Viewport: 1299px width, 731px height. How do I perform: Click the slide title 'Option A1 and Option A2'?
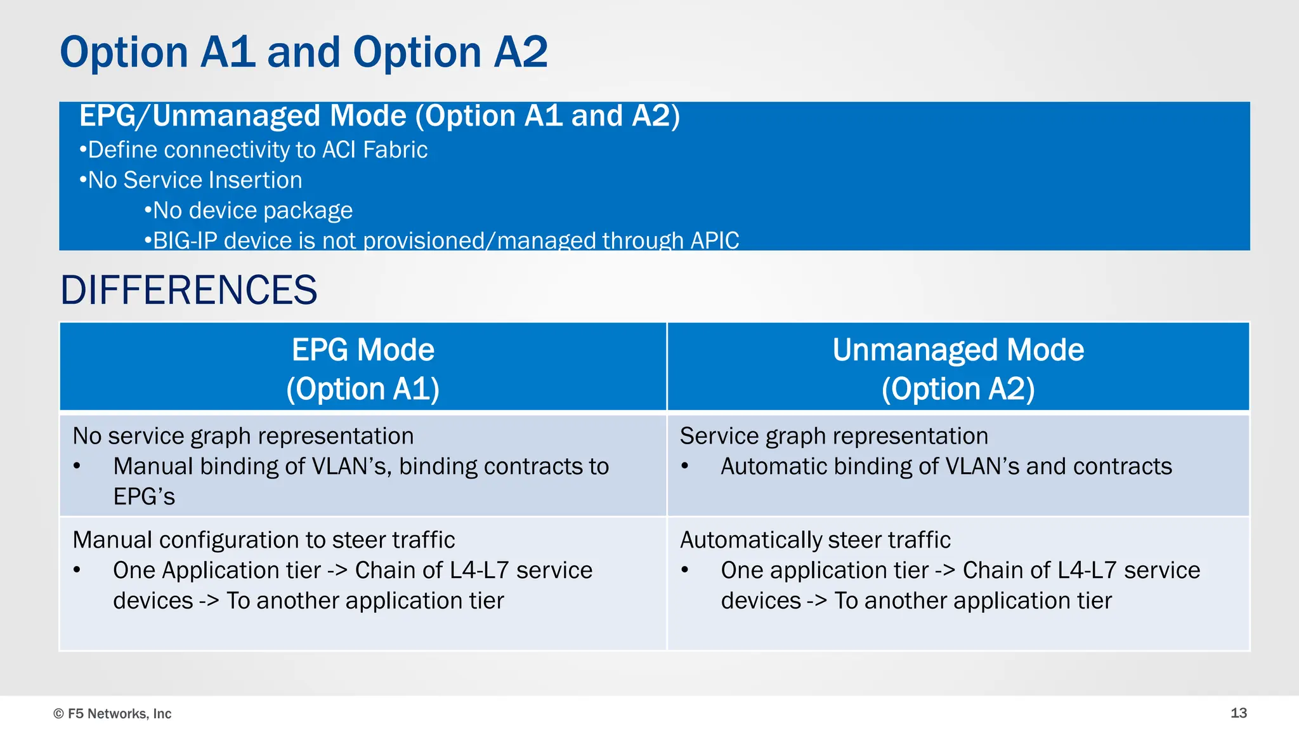click(303, 52)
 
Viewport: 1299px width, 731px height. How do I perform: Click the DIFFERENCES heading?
click(188, 291)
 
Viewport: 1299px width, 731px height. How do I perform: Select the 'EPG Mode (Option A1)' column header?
click(363, 369)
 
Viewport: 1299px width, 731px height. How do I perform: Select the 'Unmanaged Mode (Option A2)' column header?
click(958, 369)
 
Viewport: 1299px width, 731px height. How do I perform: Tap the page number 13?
click(1238, 713)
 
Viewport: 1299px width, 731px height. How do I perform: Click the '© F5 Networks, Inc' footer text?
click(112, 713)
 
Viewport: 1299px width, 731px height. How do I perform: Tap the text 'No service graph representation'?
click(243, 436)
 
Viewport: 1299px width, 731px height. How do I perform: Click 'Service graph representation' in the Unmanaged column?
click(833, 436)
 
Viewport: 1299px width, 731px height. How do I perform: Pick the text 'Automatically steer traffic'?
click(814, 540)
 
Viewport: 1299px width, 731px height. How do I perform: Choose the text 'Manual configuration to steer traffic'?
click(263, 540)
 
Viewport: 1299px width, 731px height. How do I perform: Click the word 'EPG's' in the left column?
click(144, 496)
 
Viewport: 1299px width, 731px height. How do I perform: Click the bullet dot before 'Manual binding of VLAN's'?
click(77, 466)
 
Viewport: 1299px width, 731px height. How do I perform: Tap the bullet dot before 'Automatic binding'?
click(684, 466)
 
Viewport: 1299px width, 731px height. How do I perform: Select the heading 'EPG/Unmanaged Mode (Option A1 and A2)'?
click(379, 116)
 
